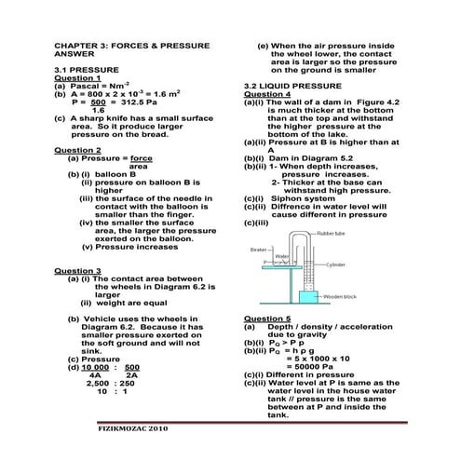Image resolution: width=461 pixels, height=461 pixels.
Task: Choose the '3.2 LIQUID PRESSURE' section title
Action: coord(292,86)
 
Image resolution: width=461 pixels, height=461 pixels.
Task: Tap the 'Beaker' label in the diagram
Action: coord(259,249)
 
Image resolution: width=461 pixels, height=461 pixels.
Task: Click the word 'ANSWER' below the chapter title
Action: coord(75,54)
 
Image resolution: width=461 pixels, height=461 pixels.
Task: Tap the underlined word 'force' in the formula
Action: coord(142,158)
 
